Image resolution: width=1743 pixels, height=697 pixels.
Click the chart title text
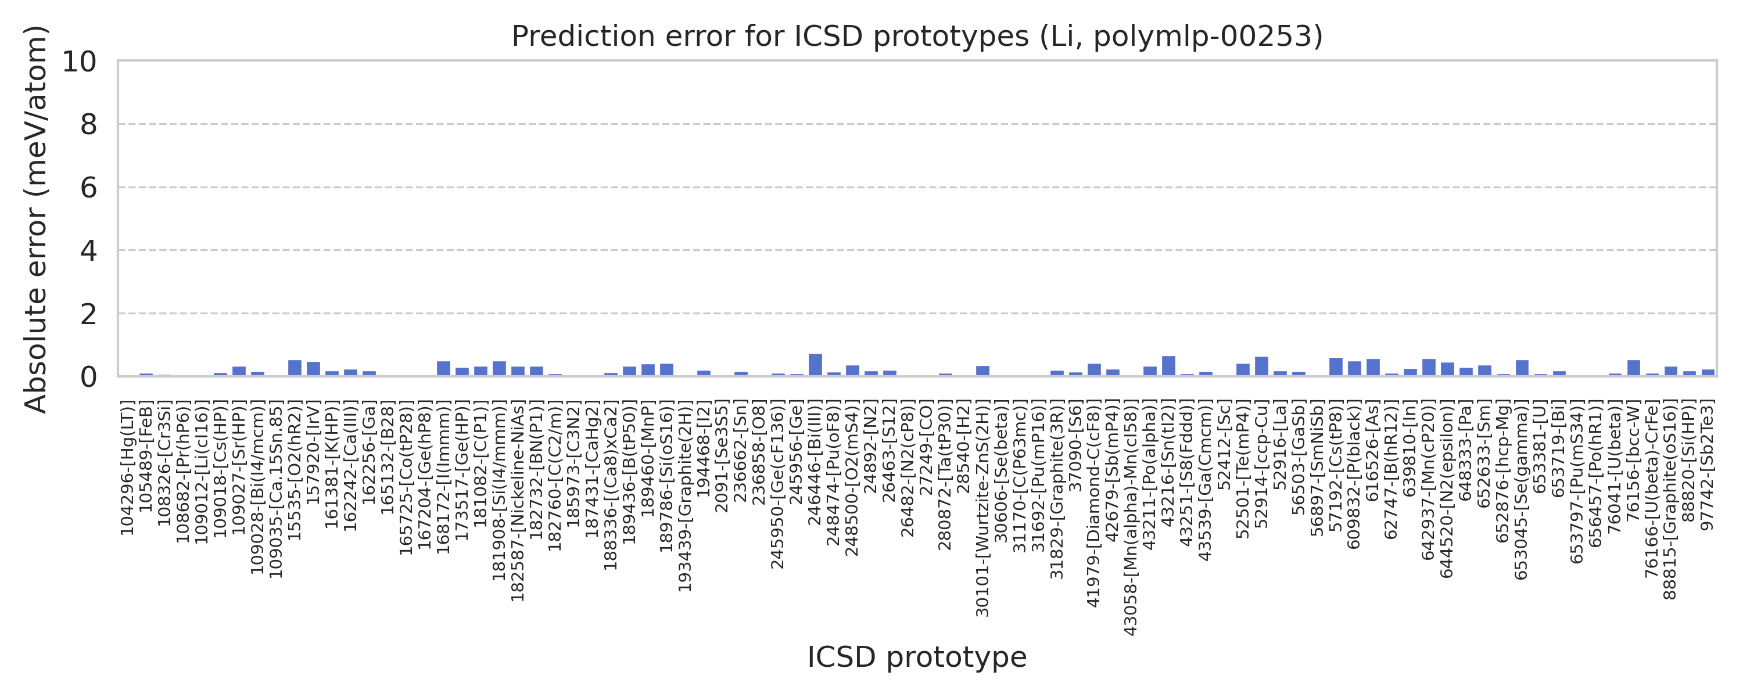tap(917, 36)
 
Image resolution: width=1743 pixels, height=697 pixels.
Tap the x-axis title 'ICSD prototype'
tap(917, 657)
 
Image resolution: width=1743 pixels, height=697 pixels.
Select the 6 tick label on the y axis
tap(88, 188)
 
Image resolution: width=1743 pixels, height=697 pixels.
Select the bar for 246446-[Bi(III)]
tap(815, 365)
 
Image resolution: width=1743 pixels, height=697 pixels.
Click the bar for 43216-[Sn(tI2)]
tap(1168, 365)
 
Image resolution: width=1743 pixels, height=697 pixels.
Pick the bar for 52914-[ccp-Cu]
tap(1261, 366)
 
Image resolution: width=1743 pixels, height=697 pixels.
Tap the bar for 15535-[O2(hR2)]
tap(295, 368)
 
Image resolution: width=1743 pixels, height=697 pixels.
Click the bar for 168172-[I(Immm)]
tap(444, 368)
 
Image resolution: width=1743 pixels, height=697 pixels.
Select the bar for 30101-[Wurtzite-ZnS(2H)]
tap(982, 371)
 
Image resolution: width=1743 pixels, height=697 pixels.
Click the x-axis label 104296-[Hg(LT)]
tap(127, 468)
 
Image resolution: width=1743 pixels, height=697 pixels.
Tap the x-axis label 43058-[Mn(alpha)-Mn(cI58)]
tap(1131, 518)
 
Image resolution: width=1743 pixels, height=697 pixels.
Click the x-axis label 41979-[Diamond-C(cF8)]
tap(1093, 504)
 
